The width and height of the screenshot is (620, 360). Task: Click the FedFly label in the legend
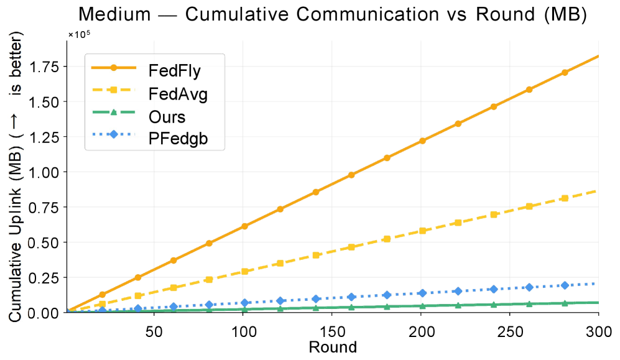pyautogui.click(x=174, y=70)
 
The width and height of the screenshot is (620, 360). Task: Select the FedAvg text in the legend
pyautogui.click(x=178, y=94)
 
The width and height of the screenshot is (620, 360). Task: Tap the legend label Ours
pyautogui.click(x=167, y=117)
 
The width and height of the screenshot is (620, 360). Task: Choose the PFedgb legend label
pyautogui.click(x=178, y=140)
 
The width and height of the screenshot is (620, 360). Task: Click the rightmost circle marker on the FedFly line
pyautogui.click(x=565, y=73)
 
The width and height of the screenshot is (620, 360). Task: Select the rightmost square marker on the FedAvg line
pyautogui.click(x=565, y=198)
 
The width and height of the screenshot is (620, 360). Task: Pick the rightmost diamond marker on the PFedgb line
pyautogui.click(x=565, y=285)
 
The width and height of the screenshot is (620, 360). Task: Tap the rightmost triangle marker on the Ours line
pyautogui.click(x=565, y=303)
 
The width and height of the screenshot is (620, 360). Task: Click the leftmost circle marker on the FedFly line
pyautogui.click(x=103, y=294)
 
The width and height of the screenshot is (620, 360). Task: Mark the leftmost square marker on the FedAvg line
pyautogui.click(x=103, y=304)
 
